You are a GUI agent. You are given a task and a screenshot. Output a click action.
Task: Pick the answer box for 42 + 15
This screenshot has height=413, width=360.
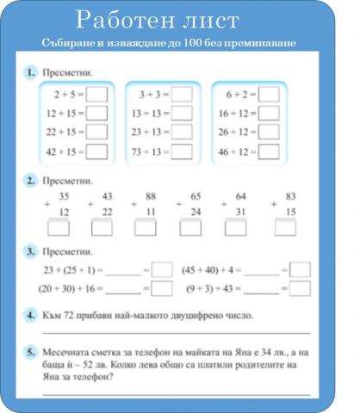96,151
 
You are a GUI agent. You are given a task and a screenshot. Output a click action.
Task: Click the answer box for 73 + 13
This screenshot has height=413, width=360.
183,151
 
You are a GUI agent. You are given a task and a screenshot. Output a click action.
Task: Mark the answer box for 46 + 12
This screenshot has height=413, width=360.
269,151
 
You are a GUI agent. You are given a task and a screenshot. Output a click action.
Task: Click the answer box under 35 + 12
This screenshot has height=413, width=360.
59,228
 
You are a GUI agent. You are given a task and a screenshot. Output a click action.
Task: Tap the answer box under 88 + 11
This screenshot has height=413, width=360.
145,228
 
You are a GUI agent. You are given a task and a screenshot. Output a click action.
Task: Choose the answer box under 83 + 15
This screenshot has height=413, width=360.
285,228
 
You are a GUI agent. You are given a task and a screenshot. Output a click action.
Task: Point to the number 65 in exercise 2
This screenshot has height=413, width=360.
196,196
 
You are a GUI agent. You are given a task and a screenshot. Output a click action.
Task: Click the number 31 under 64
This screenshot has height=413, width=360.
240,212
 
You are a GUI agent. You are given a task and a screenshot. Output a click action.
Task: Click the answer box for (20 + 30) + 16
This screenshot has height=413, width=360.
162,289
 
